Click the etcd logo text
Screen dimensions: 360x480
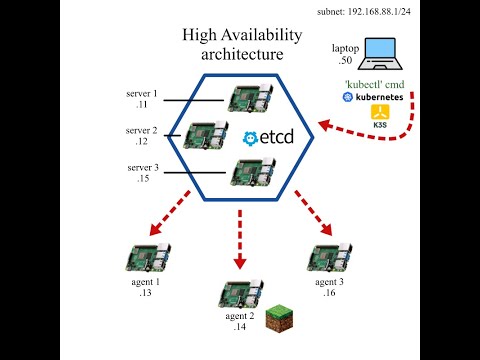(x=269, y=138)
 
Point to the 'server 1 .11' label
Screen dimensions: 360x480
(x=141, y=98)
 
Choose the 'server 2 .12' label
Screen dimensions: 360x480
(x=141, y=136)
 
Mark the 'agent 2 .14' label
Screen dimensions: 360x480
(x=241, y=322)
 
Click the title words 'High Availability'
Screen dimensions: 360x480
(x=241, y=35)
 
